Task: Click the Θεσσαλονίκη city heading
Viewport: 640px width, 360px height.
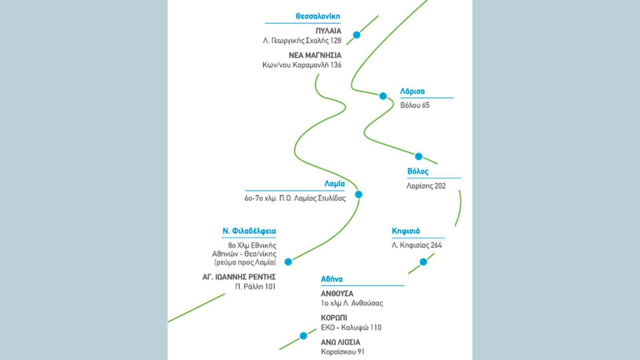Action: [318, 16]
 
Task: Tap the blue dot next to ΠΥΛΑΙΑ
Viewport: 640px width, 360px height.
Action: [356, 35]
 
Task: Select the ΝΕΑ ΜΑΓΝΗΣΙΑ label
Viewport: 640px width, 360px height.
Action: [315, 55]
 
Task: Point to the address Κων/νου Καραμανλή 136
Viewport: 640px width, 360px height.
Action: [302, 65]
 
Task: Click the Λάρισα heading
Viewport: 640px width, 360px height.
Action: [412, 92]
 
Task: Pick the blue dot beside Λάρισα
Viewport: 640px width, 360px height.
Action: [383, 96]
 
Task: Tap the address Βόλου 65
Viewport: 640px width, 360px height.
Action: [415, 106]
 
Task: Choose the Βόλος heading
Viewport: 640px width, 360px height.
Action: [418, 172]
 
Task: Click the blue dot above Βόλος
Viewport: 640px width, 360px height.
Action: [418, 156]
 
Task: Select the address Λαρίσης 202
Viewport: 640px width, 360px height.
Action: [426, 186]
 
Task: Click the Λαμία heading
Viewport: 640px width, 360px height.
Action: [334, 184]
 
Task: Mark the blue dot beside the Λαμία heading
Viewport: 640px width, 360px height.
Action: [358, 194]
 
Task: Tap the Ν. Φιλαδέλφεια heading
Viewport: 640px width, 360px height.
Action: [249, 231]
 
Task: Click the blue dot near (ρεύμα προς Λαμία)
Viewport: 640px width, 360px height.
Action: [288, 262]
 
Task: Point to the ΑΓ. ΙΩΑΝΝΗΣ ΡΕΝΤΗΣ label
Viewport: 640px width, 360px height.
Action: [239, 277]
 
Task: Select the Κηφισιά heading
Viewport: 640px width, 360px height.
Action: [406, 231]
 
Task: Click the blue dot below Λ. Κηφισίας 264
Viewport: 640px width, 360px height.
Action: [424, 262]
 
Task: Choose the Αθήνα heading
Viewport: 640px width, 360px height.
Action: [332, 279]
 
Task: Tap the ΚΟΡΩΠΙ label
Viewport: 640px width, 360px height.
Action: [334, 318]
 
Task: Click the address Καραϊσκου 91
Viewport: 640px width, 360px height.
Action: [342, 352]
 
